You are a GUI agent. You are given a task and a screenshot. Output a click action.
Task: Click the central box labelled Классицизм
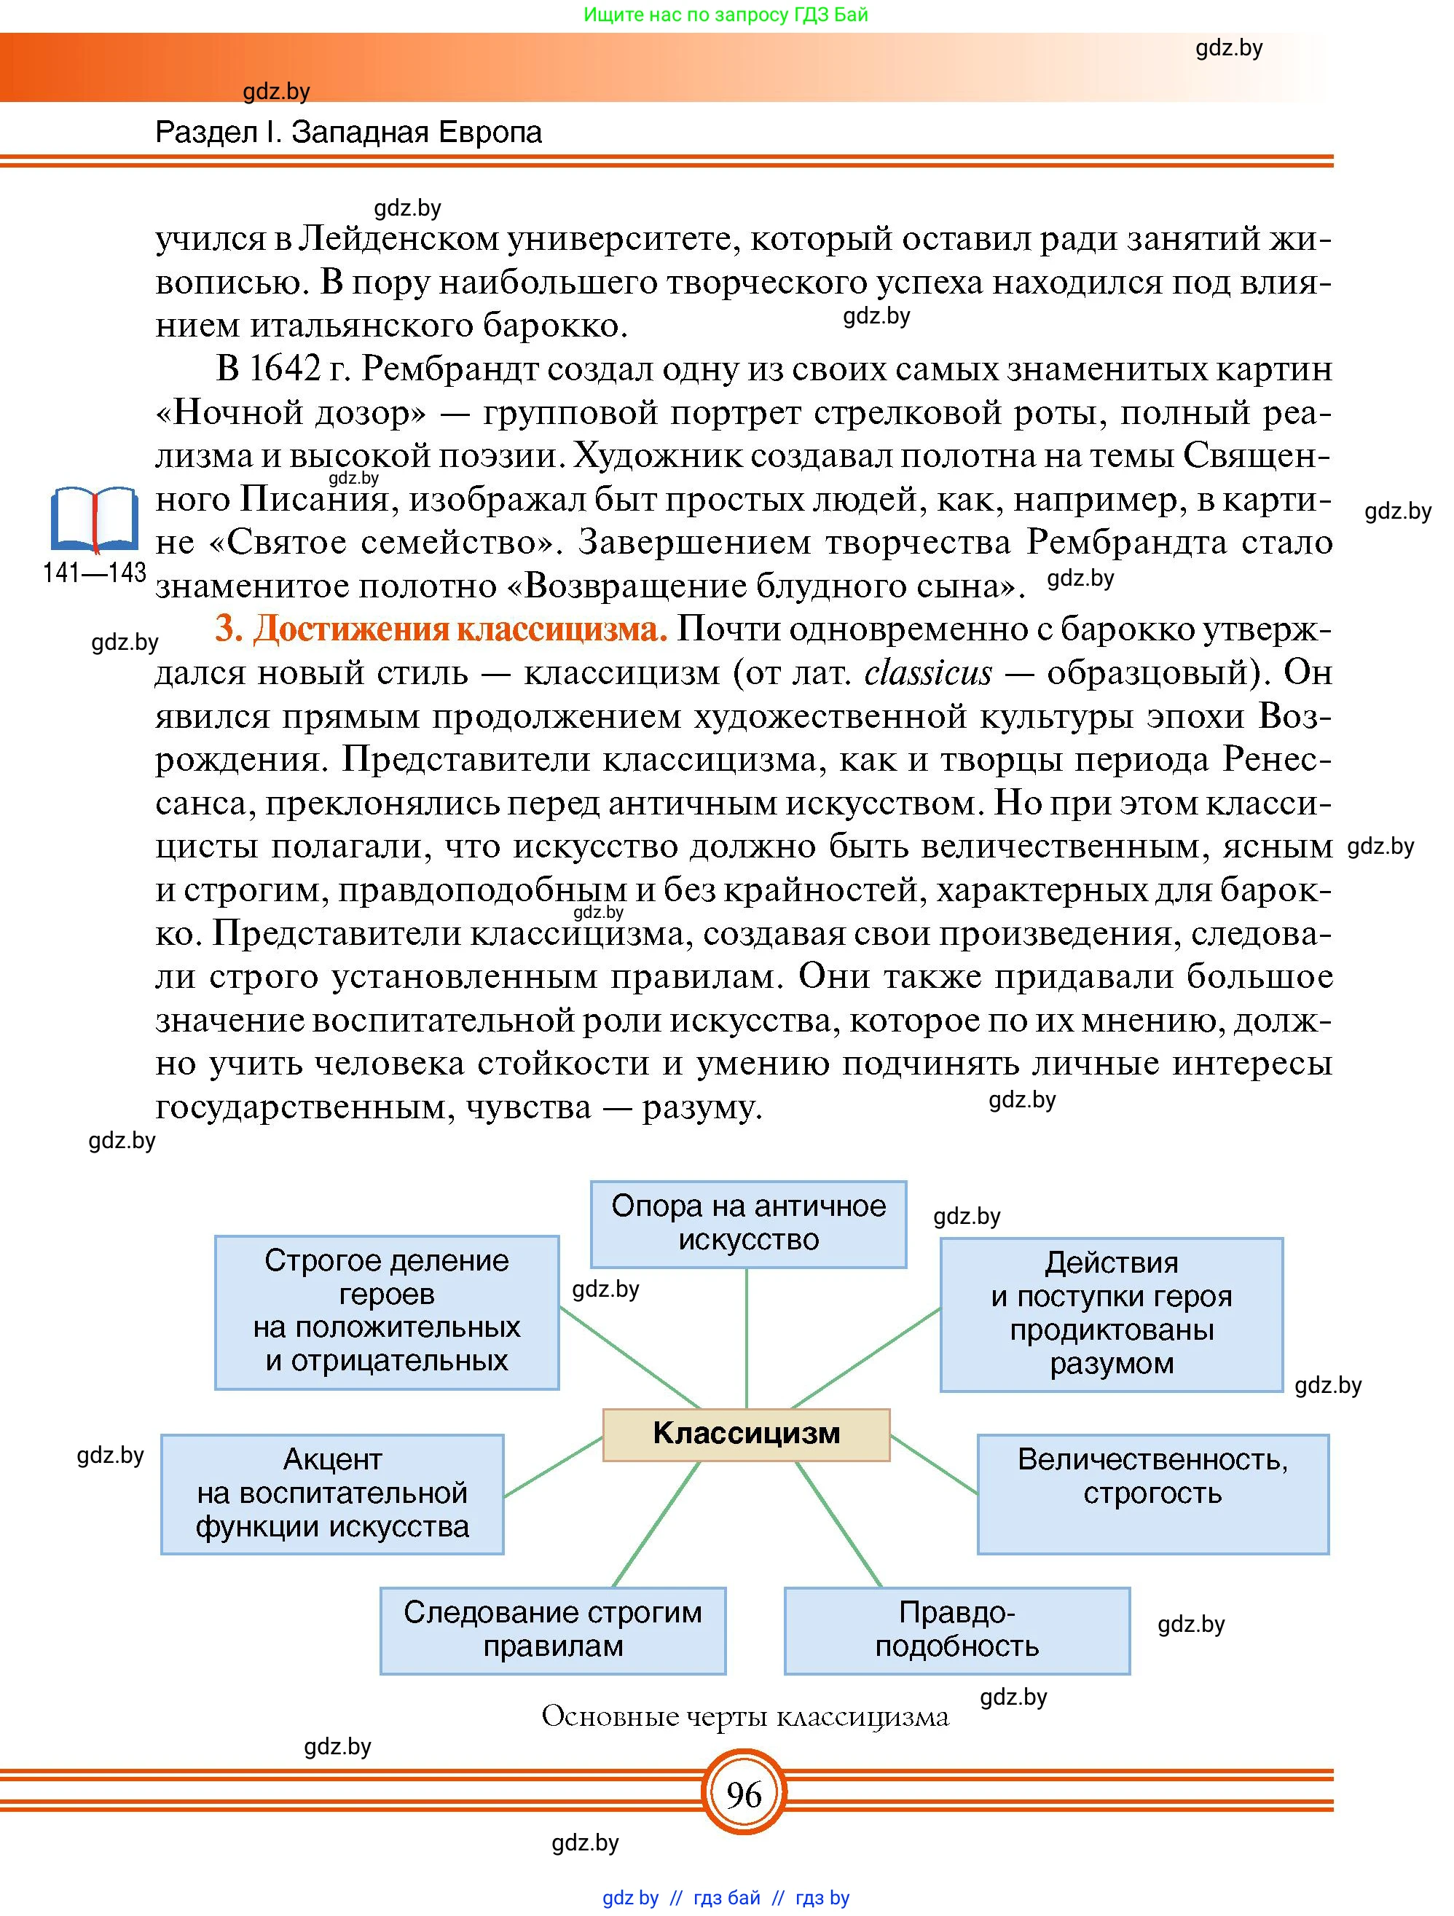coord(746,1434)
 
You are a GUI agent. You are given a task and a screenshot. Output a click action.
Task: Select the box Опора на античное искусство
coord(748,1223)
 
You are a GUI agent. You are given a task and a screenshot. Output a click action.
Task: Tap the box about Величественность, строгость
coord(1152,1493)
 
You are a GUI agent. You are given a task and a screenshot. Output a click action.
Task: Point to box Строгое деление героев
coord(386,1311)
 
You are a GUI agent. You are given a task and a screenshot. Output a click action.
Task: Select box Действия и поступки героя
coord(1111,1313)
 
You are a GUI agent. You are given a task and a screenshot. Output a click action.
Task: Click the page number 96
coord(744,1795)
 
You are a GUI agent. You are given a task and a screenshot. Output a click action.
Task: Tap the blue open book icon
coord(93,519)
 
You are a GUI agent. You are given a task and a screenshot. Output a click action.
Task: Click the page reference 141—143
coord(93,573)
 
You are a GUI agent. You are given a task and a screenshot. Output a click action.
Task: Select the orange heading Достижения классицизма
coord(441,629)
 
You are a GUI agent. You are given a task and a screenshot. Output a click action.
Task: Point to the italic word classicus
coord(927,673)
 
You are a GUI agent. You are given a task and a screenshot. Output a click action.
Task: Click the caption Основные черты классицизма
coord(744,1716)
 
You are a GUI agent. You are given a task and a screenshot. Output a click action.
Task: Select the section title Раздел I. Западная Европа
coord(348,133)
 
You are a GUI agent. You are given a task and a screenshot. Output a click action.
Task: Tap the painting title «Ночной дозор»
coord(291,413)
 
